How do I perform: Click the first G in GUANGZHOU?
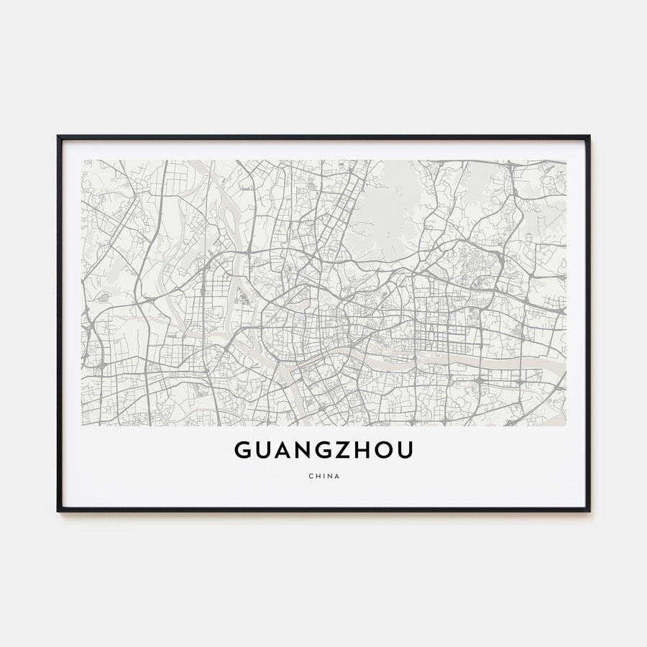242,450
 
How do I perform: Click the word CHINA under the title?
323,475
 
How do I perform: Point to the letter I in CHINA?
323,475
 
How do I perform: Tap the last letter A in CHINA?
338,475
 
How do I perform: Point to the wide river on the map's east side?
496,359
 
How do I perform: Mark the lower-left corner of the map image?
82,426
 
